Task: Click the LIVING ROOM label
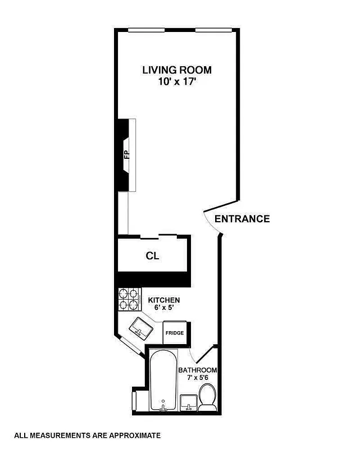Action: [x=176, y=70]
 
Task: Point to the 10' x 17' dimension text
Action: [x=176, y=81]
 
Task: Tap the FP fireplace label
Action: [x=126, y=155]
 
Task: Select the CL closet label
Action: [x=152, y=256]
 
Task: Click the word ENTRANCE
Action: [x=242, y=219]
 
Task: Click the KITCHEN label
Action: [x=163, y=300]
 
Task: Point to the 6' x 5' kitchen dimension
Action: [x=163, y=309]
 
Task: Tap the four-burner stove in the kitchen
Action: [x=128, y=299]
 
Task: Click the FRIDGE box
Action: [x=174, y=333]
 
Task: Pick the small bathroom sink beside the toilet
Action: [x=188, y=402]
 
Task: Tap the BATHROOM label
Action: [x=197, y=370]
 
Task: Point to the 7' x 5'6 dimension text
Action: [x=197, y=378]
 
